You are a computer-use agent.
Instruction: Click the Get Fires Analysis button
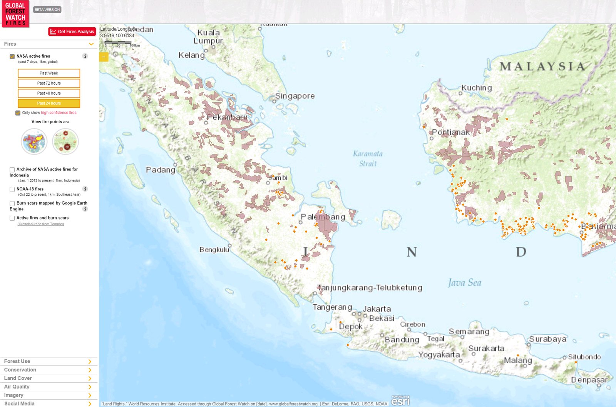[72, 32]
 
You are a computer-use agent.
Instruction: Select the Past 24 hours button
[49, 103]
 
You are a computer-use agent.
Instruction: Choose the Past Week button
[49, 73]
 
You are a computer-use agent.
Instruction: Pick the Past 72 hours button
[49, 83]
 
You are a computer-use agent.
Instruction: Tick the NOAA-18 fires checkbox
[12, 189]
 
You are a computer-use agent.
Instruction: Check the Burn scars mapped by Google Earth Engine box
[12, 203]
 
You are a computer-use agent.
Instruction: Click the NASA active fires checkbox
[12, 57]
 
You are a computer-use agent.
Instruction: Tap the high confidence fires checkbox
[18, 113]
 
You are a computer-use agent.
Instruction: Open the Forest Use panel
[46, 361]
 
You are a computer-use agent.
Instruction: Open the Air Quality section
[46, 387]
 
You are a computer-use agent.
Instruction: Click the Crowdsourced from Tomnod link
[41, 224]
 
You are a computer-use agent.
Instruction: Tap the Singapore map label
[295, 96]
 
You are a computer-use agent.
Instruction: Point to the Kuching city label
[477, 88]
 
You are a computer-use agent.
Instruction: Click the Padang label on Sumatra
[161, 170]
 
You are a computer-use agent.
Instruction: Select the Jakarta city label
[377, 309]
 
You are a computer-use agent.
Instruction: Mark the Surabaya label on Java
[548, 339]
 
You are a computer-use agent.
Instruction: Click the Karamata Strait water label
[368, 158]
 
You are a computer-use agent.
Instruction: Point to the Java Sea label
[465, 283]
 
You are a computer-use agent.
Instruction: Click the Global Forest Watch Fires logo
[15, 14]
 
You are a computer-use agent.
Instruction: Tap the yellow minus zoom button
[104, 57]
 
